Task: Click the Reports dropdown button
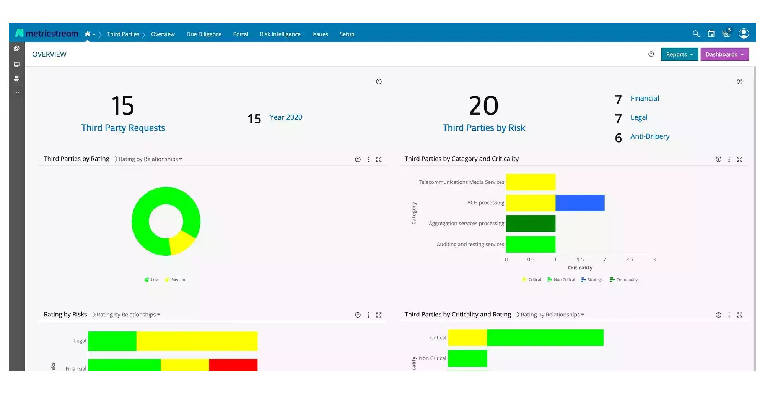click(679, 54)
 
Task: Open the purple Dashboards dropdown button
click(724, 54)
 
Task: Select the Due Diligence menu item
click(204, 34)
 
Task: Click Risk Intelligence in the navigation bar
click(280, 34)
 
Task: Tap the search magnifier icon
click(696, 34)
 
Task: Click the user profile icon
click(744, 34)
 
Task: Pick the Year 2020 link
click(286, 117)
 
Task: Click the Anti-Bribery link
click(650, 136)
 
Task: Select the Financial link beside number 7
click(645, 98)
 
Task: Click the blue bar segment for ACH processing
click(580, 203)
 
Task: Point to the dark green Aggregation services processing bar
click(531, 224)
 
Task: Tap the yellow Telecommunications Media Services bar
click(531, 182)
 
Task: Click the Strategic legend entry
click(592, 280)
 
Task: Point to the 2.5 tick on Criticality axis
click(629, 259)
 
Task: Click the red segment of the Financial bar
click(233, 365)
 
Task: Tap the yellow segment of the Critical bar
click(467, 338)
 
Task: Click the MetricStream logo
click(47, 34)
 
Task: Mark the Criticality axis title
click(580, 268)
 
